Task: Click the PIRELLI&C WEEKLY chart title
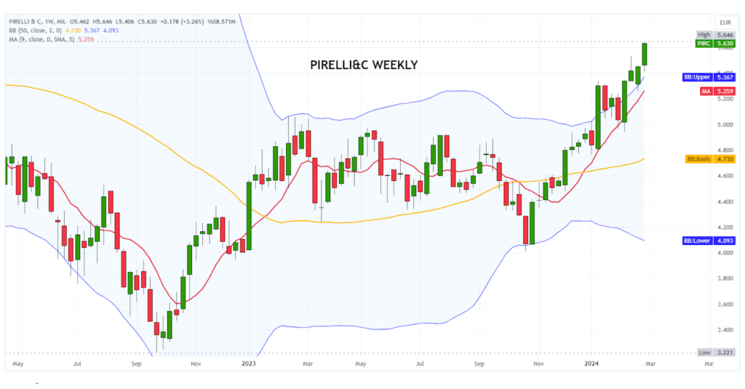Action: coord(364,65)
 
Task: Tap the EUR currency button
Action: coord(725,23)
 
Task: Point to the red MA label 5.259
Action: coord(716,91)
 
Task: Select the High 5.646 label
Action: coord(716,34)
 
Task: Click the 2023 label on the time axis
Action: coord(249,361)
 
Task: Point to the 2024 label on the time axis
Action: coord(593,361)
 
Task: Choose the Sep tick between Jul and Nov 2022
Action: coord(136,361)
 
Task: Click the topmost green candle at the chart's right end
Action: coord(644,54)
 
